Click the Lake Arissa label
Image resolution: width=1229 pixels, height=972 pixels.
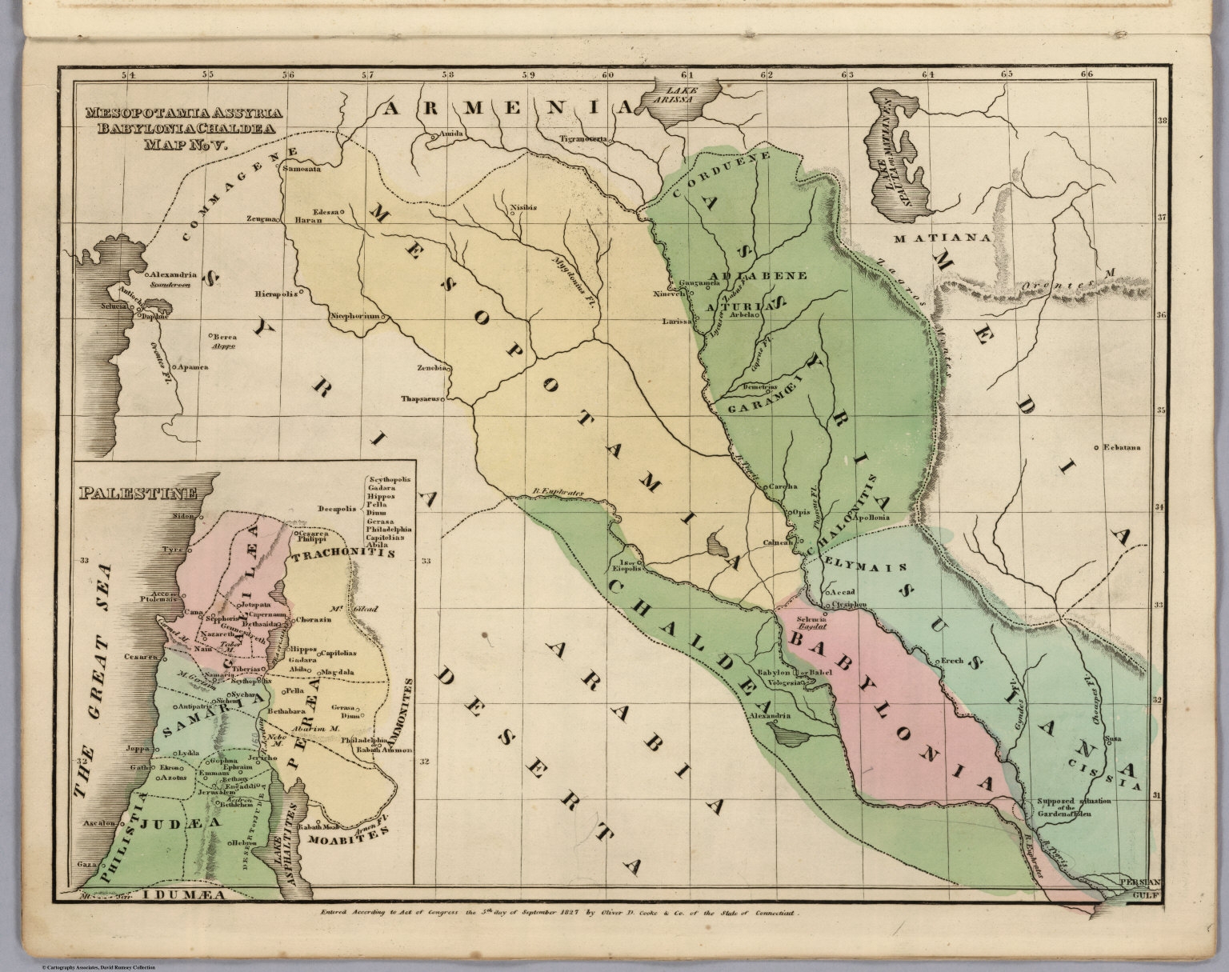click(x=687, y=94)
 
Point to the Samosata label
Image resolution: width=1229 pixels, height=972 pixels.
click(x=302, y=170)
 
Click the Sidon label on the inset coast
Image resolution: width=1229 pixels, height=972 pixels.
click(x=183, y=516)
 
